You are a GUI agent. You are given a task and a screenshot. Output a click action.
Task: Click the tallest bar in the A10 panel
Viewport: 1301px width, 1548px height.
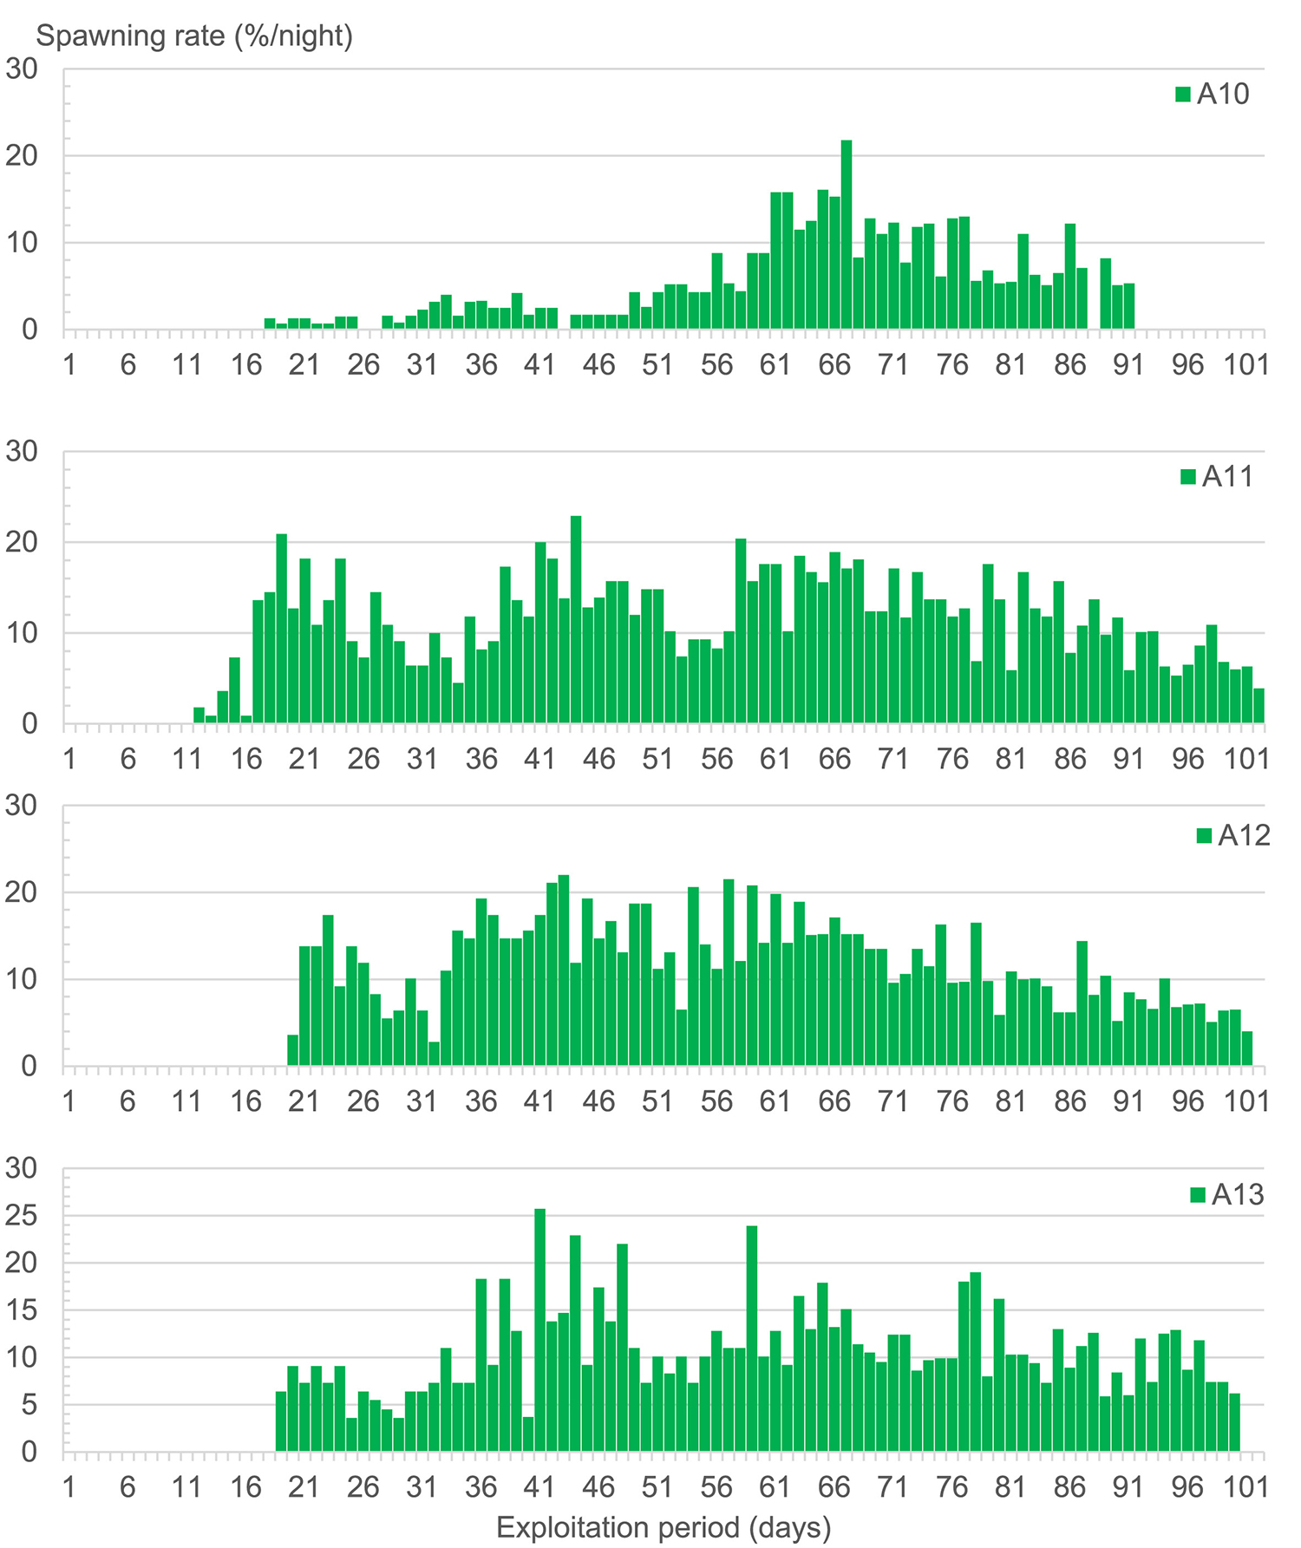point(847,235)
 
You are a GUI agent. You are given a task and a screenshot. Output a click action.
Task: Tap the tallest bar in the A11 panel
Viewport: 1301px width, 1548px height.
point(576,619)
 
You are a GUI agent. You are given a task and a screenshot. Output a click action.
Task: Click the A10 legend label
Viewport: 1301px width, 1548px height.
point(1223,94)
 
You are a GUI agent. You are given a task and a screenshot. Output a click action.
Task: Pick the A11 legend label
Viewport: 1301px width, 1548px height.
point(1227,476)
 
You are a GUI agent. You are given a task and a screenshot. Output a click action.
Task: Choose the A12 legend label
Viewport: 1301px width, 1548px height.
point(1244,835)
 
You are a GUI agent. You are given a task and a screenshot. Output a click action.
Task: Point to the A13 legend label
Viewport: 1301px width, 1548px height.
point(1238,1195)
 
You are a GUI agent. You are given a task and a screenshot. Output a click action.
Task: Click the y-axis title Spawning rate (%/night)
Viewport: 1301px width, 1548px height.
point(195,36)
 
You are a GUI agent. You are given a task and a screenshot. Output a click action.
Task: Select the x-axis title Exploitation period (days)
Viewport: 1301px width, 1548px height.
point(664,1527)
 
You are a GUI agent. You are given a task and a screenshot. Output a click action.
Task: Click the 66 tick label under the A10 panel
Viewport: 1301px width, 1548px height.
point(834,365)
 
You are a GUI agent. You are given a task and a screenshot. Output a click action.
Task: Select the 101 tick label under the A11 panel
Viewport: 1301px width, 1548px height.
point(1247,759)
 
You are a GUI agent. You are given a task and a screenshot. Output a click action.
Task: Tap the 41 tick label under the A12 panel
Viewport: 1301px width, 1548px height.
point(539,1101)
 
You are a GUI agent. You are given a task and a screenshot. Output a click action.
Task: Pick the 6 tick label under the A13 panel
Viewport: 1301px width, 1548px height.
point(127,1487)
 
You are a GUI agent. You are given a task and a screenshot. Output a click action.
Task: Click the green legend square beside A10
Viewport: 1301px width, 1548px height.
point(1183,94)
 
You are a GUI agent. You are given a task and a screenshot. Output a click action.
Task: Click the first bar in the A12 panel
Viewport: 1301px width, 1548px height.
point(292,1050)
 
